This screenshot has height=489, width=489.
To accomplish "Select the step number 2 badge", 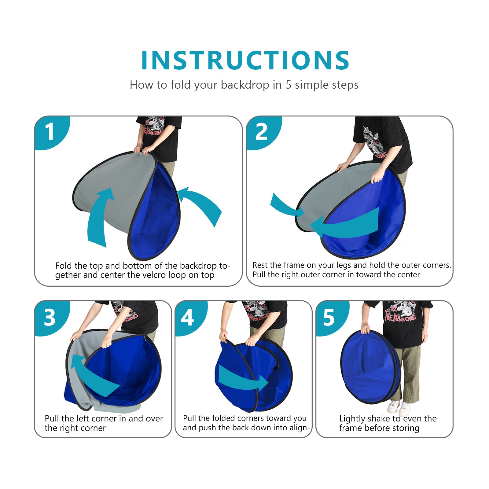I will pos(262,132).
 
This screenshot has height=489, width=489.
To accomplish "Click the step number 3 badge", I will pos(50,317).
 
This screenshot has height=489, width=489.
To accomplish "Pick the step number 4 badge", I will pos(187,318).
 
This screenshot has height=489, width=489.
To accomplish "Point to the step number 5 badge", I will pos(329,318).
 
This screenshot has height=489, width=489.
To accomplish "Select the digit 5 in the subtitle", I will pos(289,85).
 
